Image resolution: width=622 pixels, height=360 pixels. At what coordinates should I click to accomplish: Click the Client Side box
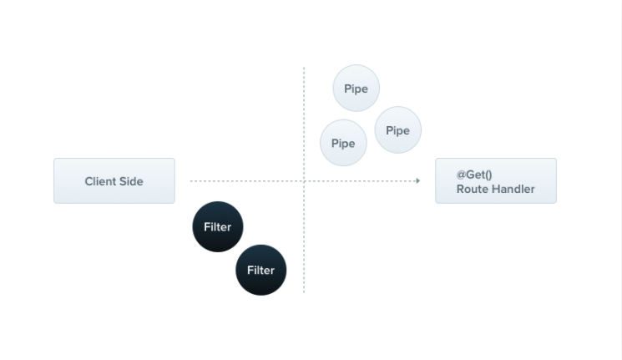[114, 180]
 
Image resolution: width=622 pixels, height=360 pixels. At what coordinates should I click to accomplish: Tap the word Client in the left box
[100, 181]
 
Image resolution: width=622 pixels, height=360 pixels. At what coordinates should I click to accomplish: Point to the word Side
[131, 181]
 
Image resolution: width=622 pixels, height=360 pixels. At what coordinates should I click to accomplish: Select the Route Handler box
[495, 180]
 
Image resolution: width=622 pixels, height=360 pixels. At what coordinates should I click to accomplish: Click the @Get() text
[474, 175]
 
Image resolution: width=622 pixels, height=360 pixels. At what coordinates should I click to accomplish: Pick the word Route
[471, 189]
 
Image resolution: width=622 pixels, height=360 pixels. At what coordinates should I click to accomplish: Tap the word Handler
[512, 189]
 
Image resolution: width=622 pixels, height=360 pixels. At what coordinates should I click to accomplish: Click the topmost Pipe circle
[357, 88]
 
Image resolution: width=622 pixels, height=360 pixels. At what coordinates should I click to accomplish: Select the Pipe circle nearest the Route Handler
[398, 129]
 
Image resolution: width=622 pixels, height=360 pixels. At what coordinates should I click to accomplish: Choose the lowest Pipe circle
[343, 143]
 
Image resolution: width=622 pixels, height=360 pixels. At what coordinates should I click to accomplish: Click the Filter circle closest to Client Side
[218, 226]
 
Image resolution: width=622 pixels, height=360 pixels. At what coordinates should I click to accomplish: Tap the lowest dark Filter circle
[261, 270]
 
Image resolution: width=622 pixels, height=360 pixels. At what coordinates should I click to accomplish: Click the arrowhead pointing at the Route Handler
[417, 180]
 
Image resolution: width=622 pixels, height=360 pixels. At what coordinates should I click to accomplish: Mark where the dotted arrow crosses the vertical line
[304, 180]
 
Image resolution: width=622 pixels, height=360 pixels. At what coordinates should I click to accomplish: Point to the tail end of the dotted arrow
[191, 180]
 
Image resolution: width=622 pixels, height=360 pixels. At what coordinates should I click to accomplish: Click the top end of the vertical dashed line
[304, 68]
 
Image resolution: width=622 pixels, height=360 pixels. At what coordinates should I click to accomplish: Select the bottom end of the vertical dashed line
[304, 292]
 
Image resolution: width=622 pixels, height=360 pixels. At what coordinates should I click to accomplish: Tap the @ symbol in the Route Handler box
[461, 175]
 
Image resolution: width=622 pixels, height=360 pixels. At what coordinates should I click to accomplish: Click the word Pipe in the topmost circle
[357, 89]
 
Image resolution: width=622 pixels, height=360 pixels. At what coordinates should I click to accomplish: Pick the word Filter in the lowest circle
[261, 270]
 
